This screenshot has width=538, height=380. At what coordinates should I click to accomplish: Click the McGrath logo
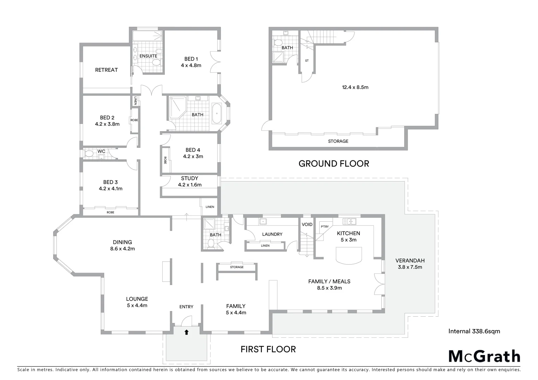(x=484, y=356)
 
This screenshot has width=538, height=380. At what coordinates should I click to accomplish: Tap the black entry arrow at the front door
(x=186, y=332)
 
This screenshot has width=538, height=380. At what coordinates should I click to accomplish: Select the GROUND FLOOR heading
(x=333, y=164)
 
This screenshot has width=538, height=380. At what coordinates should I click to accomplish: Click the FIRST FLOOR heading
(x=268, y=349)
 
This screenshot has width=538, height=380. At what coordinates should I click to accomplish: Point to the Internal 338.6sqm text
(x=474, y=331)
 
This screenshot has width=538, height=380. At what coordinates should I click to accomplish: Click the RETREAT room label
(x=106, y=70)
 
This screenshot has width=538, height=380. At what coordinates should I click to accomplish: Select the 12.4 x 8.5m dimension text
(x=355, y=87)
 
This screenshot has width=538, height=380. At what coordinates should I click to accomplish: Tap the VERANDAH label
(x=410, y=261)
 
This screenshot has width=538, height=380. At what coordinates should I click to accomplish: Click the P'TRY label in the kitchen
(x=325, y=227)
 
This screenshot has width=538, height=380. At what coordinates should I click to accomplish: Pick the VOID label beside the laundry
(x=307, y=224)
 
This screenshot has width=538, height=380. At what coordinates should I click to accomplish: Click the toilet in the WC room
(x=89, y=154)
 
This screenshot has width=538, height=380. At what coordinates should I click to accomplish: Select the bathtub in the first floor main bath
(x=217, y=114)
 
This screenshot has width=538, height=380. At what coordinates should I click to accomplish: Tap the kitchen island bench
(x=349, y=255)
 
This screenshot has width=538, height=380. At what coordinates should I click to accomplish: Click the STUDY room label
(x=189, y=178)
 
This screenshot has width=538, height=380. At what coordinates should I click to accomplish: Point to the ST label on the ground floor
(x=307, y=61)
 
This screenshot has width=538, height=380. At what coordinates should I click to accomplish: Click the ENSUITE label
(x=148, y=56)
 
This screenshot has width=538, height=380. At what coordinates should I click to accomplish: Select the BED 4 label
(x=193, y=150)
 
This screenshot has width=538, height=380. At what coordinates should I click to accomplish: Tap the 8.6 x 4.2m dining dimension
(x=122, y=248)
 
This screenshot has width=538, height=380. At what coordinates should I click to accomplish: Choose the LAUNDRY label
(x=272, y=234)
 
